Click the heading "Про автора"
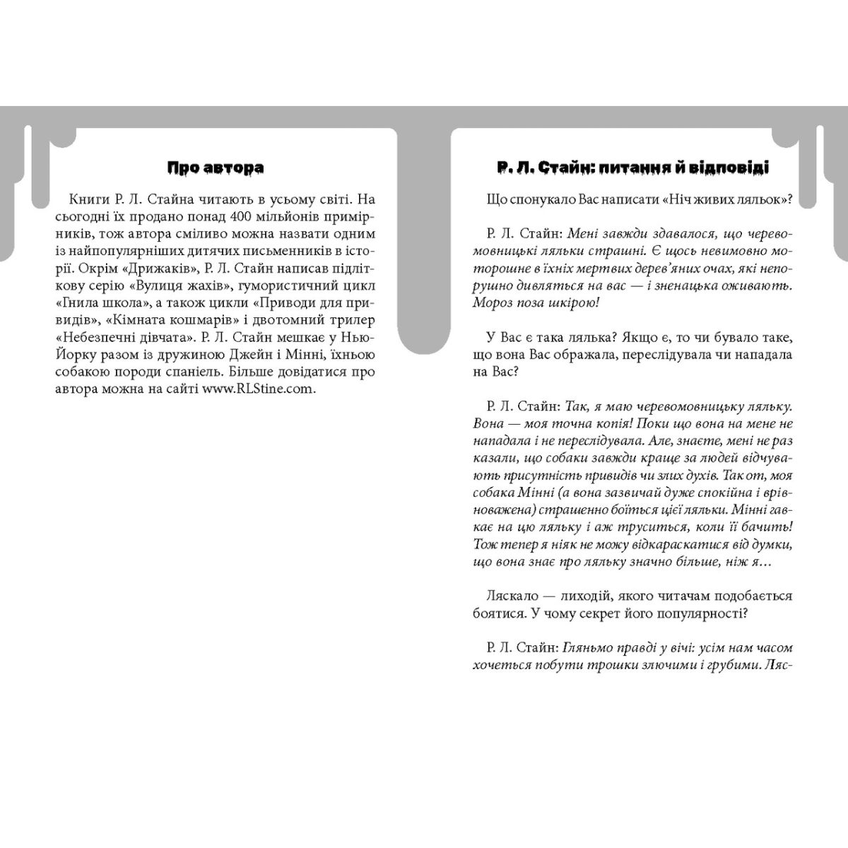[216, 167]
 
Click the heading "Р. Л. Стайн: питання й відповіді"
[632, 167]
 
